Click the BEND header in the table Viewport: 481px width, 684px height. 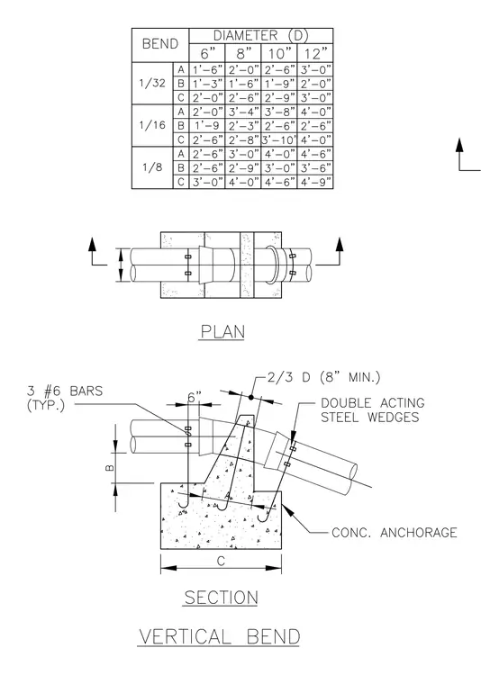160,44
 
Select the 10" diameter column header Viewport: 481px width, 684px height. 279,54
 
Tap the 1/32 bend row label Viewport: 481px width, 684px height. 152,83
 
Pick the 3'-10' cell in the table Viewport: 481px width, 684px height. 279,139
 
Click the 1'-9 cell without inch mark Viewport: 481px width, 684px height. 207,126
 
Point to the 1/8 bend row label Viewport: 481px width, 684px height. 152,167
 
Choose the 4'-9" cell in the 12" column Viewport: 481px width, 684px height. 315,182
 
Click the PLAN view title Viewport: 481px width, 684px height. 222,331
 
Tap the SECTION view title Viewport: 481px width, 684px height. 222,598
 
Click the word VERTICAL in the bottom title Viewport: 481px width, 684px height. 185,636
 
